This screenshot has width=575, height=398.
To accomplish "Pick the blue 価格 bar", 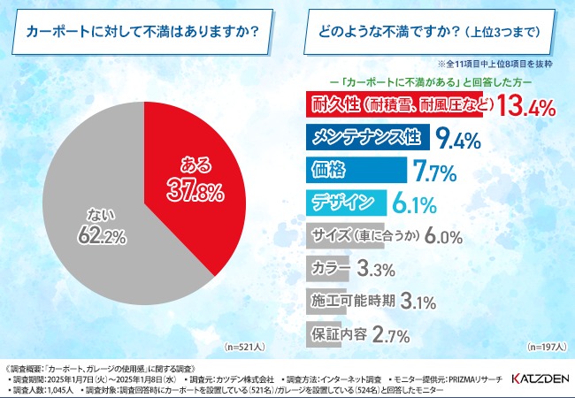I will tap(354, 169).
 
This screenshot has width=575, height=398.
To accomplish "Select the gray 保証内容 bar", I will tap(338, 333).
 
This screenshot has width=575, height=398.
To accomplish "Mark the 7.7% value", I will tap(433, 171).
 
